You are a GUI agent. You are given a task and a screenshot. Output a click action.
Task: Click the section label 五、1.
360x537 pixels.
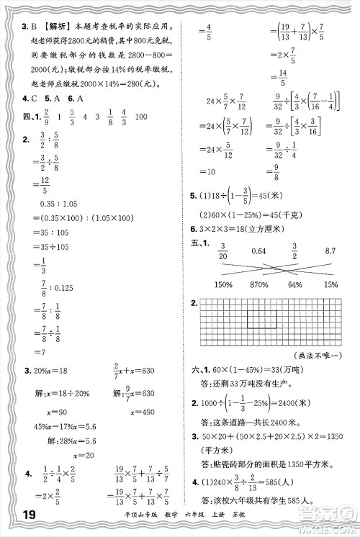click(x=199, y=247)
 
